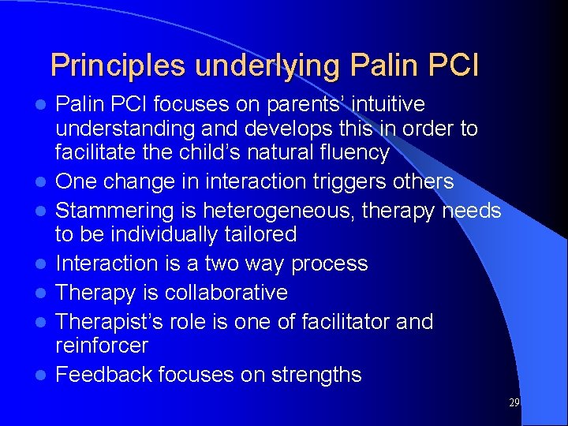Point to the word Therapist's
107,322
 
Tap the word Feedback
106,375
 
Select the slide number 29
514,402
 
